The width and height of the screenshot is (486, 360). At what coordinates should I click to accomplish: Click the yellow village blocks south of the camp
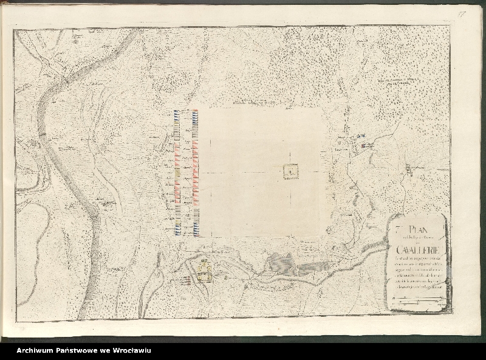205,271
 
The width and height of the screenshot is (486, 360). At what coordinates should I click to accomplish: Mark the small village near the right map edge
408,168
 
